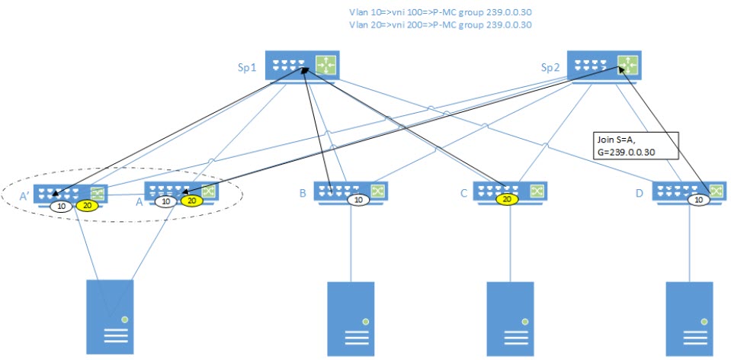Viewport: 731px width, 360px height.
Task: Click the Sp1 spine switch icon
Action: (303, 66)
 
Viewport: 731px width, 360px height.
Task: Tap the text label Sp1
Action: (247, 67)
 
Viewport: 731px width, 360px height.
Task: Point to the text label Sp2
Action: (550, 67)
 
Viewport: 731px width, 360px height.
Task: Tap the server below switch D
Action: (689, 315)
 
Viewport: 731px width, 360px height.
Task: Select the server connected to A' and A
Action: (110, 315)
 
